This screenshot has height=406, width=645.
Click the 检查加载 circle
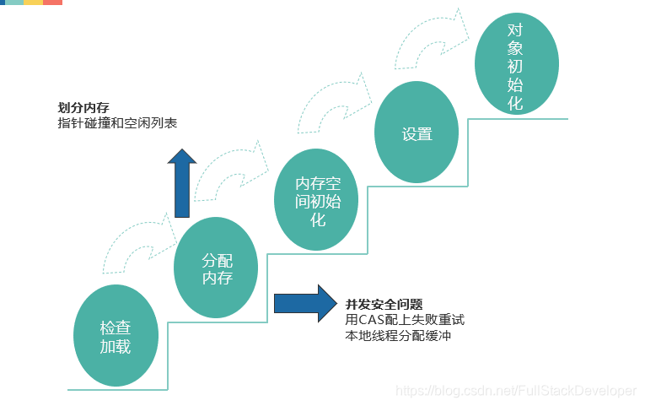pos(116,337)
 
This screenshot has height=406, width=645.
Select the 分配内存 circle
pos(216,268)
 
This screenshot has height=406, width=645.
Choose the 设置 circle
pos(417,133)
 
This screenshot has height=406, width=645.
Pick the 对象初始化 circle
pos(515,66)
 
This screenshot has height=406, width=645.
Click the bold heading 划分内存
pos(83,109)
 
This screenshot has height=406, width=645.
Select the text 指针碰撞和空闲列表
pos(116,123)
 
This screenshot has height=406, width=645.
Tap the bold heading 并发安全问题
pos(384,304)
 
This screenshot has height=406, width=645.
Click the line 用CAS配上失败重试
pos(405,320)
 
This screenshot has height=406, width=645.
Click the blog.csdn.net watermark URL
pos(516,390)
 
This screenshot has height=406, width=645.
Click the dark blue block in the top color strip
pos(3,3)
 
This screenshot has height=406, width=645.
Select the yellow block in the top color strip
pos(33,3)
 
